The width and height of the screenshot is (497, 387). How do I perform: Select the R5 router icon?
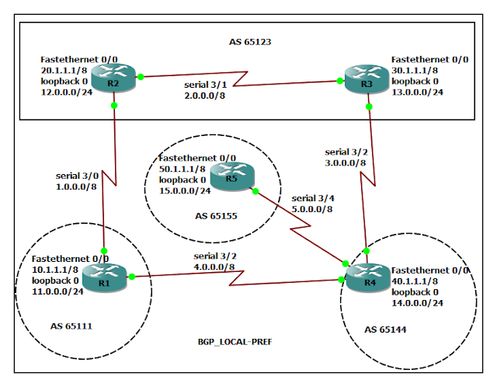(x=231, y=179)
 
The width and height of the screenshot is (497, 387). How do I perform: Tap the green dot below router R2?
(x=113, y=104)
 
